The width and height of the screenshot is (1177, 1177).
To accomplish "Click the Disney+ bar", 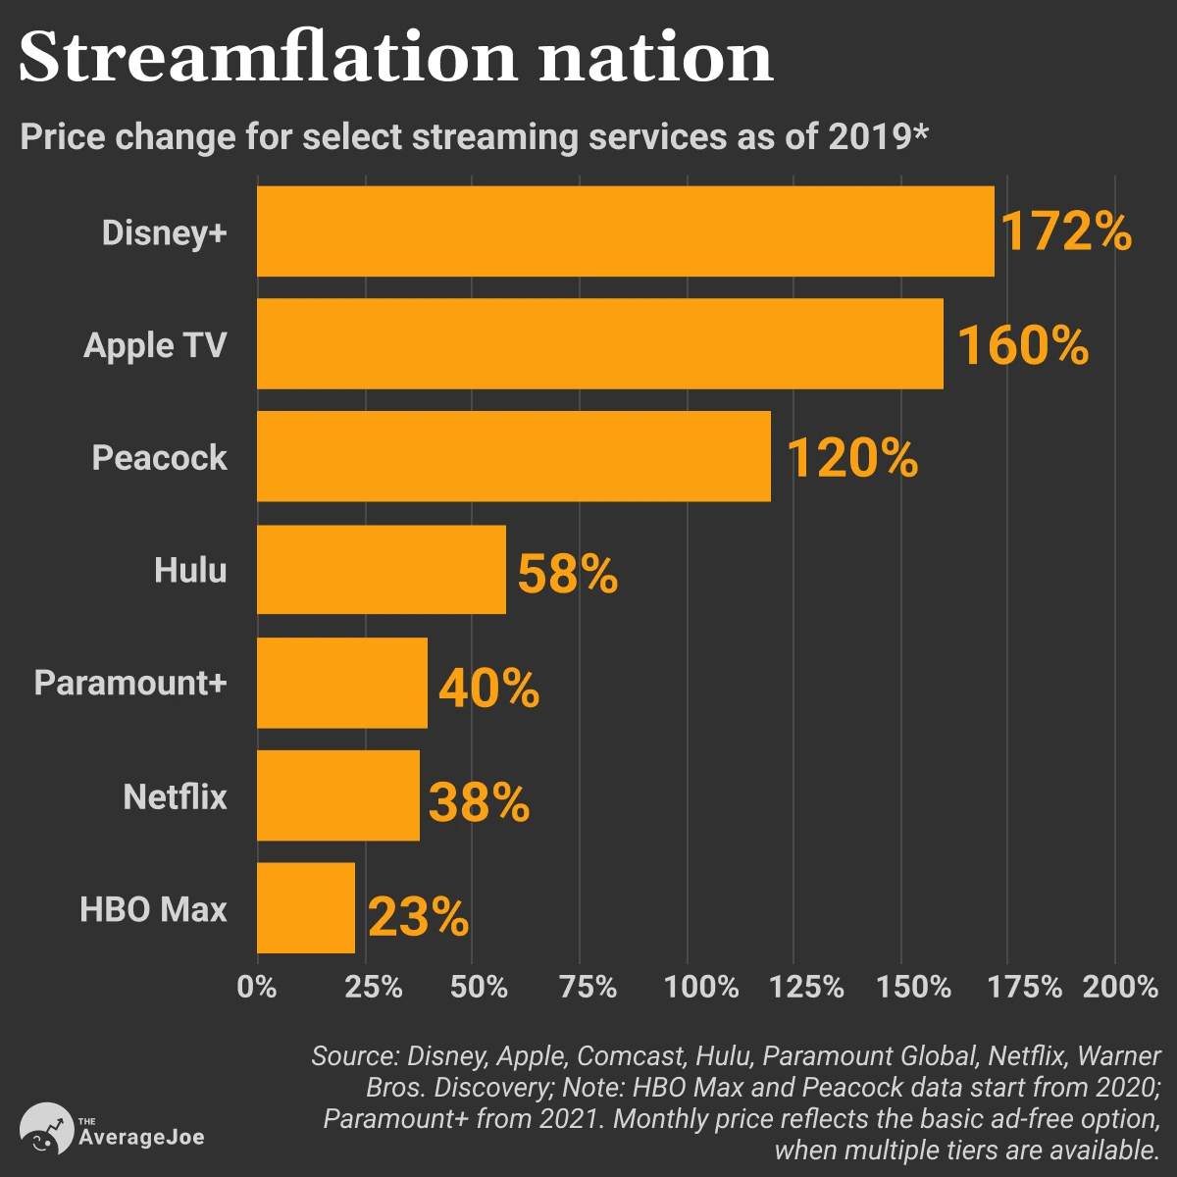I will click(625, 231).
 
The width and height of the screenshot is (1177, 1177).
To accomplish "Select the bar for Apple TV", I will click(599, 344).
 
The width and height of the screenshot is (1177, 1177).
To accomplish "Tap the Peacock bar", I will click(513, 457).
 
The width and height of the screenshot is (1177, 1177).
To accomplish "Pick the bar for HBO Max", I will click(306, 908).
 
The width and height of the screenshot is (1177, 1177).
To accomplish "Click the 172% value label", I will click(1065, 233).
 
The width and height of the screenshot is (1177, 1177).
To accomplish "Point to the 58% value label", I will click(567, 574).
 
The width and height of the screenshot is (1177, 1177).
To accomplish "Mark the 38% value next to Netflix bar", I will click(479, 802).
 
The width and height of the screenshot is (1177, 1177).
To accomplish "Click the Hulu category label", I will click(190, 570).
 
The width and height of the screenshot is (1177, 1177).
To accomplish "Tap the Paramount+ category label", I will click(130, 683).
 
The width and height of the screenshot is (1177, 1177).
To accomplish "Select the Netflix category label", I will click(175, 796).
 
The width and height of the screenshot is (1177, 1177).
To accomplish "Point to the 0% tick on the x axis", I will click(257, 986).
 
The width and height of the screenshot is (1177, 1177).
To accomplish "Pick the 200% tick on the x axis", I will click(1120, 986).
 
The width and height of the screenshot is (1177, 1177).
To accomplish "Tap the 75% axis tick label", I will click(588, 986).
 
